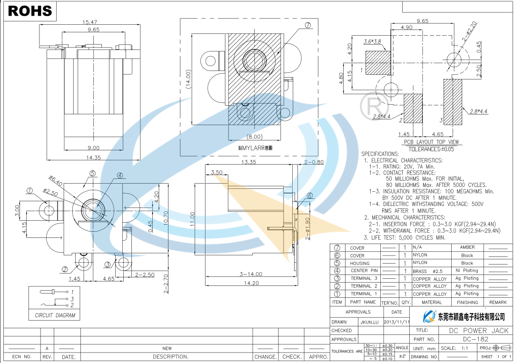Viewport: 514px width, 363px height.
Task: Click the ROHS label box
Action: tap(30, 10)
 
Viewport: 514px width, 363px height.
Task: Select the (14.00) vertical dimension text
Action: tap(188, 80)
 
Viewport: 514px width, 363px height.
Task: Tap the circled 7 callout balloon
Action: tap(307, 26)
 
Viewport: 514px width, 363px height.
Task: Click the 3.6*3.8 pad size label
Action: tap(372, 42)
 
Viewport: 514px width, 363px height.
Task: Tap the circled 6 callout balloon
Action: tap(309, 196)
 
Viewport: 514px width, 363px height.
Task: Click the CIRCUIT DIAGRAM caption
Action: tap(55, 315)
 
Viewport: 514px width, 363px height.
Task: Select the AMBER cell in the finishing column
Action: tap(467, 247)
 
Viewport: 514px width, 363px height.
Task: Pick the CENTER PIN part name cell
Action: tap(364, 271)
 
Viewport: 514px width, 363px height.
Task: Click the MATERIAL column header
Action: tap(432, 302)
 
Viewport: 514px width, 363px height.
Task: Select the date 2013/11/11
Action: tap(396, 322)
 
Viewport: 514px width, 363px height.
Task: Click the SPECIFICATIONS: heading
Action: tap(380, 154)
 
